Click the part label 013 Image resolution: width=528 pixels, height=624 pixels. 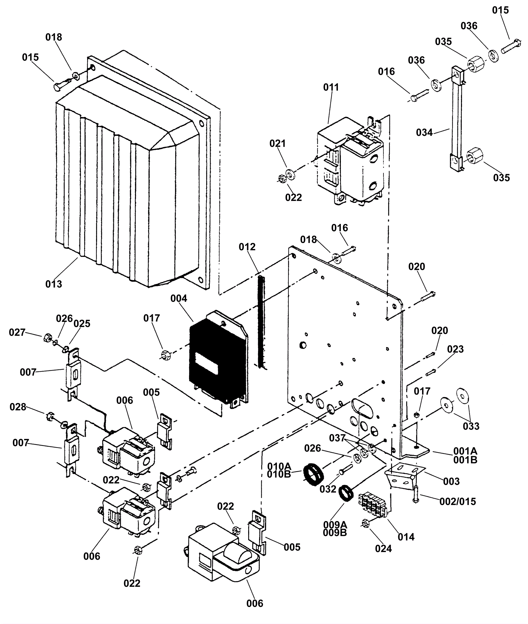coord(53,284)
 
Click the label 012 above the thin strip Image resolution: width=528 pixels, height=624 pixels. coord(247,247)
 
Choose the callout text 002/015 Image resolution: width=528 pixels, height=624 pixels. coord(458,501)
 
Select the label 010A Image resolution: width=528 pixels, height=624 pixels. coord(279,466)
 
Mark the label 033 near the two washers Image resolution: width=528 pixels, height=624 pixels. coord(471,426)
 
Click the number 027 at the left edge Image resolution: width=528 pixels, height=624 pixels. coord(17,332)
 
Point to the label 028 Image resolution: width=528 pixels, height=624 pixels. coord(18,407)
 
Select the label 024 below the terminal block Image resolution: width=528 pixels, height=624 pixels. coord(383,548)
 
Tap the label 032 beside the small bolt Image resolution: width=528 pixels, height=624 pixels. coord(328,489)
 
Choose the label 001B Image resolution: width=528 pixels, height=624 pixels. coord(465,460)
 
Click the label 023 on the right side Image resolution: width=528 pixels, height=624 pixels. coord(455,349)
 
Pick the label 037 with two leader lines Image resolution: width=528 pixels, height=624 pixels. coord(337,438)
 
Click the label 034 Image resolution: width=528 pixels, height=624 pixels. coord(424,132)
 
